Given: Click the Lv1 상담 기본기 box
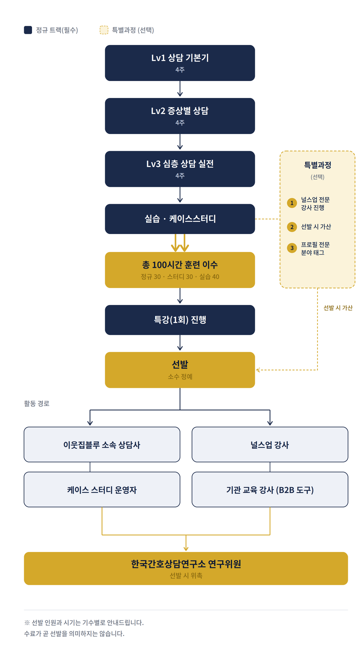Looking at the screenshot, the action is pos(180,63).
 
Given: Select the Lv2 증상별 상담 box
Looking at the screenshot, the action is pos(180,116).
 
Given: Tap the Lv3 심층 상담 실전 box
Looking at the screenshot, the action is pos(180,169).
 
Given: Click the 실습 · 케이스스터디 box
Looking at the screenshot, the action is pos(180,219).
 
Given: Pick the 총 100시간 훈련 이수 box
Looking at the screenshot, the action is pos(180,270).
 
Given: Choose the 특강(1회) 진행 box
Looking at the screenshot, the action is pos(180,320).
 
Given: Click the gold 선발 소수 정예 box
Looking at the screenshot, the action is pos(180,370).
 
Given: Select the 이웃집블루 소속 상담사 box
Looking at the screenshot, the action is pos(102,444).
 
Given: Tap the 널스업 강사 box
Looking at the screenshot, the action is pos(270,444).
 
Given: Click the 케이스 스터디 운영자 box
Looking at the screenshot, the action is pos(102,489).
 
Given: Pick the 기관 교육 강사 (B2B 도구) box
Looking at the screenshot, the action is pos(270,489).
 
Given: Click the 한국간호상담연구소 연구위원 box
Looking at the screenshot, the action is pos(186,568).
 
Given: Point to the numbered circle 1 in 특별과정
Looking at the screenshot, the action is pos(292,203).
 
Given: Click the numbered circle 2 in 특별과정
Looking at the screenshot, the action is pos(292,227).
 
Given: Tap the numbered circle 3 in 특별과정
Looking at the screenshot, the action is pos(292,248).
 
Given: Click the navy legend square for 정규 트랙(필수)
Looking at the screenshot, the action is pos(28,30).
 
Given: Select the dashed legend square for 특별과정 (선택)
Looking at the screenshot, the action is pos(104,30).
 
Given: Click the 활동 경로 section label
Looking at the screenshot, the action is pos(37,403).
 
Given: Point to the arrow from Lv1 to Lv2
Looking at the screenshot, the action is pos(180,89).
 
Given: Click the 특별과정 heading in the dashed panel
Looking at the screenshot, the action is pos(318,165).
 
